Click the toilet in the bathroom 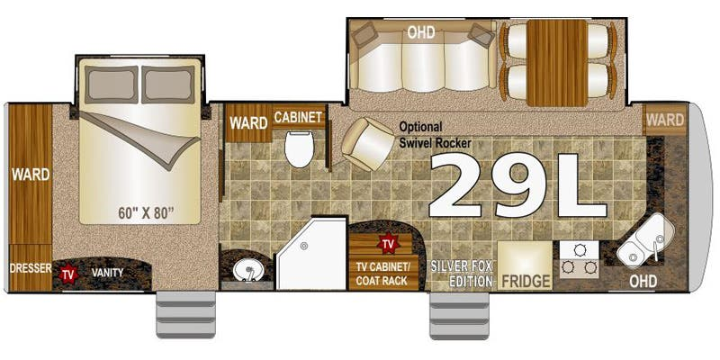click(x=299, y=148)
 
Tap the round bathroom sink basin click(x=248, y=271)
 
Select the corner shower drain click(x=304, y=246)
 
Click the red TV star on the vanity click(x=68, y=274)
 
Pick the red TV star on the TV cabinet click(x=388, y=243)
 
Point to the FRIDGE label click(x=526, y=281)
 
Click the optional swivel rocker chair click(x=368, y=144)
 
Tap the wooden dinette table click(x=557, y=63)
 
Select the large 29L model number click(x=517, y=185)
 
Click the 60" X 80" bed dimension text click(x=146, y=213)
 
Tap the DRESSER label click(x=31, y=268)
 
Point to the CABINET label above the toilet click(x=298, y=117)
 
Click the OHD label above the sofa click(x=420, y=33)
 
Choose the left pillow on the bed click(x=111, y=85)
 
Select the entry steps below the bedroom click(x=186, y=314)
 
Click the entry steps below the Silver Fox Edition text click(x=459, y=316)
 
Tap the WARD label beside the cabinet click(x=248, y=123)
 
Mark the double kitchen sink click(x=645, y=240)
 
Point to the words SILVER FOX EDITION click(x=462, y=274)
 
